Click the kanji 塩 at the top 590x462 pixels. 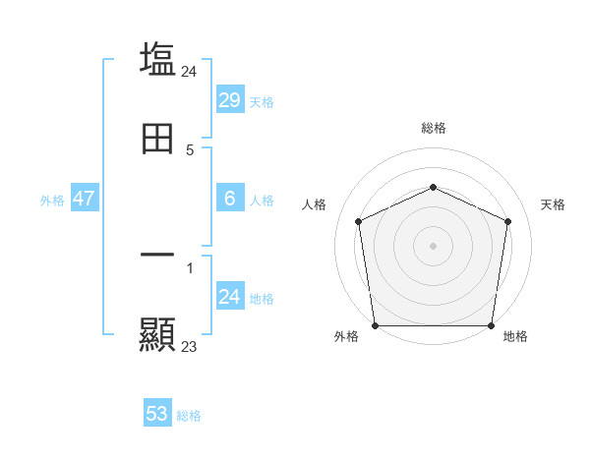(x=157, y=59)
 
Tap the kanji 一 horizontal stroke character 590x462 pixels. (x=157, y=255)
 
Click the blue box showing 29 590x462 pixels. (x=229, y=99)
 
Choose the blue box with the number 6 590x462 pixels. (x=229, y=199)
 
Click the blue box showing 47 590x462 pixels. (x=84, y=199)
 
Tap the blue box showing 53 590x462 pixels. (x=157, y=414)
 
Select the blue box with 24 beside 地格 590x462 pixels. (x=229, y=297)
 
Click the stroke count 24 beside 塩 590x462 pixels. (x=190, y=71)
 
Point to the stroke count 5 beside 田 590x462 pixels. (x=190, y=150)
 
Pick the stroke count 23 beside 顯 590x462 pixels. (x=190, y=346)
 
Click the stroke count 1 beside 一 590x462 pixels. (x=190, y=266)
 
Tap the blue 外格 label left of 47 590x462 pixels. (x=52, y=201)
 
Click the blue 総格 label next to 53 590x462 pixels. (x=189, y=416)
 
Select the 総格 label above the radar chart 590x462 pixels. (x=433, y=128)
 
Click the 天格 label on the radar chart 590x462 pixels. (x=553, y=204)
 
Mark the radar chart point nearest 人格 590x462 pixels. (x=358, y=221)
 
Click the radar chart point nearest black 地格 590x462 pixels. (x=491, y=325)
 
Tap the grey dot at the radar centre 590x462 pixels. (x=433, y=245)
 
